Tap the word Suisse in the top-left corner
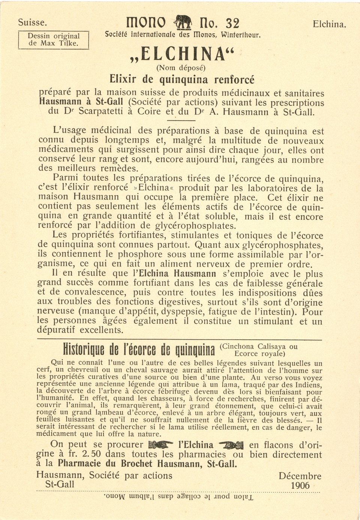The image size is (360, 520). (x=33, y=22)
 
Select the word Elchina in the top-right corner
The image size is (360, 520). (x=329, y=24)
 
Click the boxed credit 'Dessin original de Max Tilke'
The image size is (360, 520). (x=54, y=40)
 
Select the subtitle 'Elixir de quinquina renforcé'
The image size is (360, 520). (x=182, y=79)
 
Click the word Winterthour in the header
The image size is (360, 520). (x=240, y=35)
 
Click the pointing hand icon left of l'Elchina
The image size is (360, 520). (x=161, y=445)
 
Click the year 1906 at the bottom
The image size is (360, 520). (x=300, y=486)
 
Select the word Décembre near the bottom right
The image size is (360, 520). (x=300, y=476)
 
